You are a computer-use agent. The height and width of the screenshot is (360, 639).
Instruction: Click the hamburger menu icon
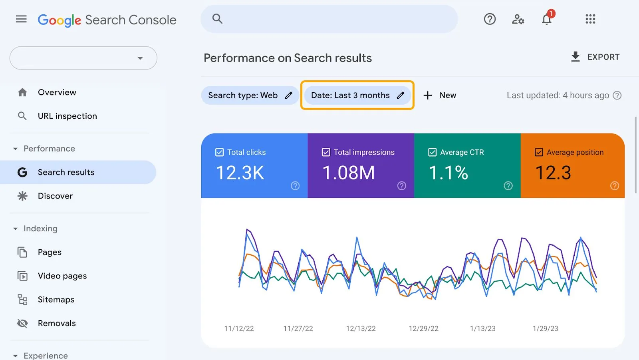click(21, 19)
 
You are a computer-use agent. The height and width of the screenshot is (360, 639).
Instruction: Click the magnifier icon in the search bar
click(217, 19)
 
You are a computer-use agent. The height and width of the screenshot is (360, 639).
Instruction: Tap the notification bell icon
click(546, 19)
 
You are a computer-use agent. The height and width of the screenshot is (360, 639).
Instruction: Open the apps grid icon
click(590, 19)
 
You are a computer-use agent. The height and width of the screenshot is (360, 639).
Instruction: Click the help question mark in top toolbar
click(490, 19)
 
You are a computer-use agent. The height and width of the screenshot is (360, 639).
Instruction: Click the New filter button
click(440, 95)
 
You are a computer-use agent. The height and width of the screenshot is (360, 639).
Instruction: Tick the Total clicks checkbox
click(220, 152)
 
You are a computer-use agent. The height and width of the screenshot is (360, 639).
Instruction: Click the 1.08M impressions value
click(348, 173)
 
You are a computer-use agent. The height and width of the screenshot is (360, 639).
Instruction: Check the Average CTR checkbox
click(432, 152)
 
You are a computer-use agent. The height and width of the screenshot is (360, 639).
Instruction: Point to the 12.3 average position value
click(553, 173)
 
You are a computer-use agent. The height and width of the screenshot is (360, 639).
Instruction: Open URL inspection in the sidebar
click(67, 116)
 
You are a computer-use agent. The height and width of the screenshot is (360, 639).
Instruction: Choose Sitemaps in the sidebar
click(56, 299)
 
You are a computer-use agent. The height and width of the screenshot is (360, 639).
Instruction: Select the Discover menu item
click(55, 196)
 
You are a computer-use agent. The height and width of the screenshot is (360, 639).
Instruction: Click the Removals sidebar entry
click(57, 323)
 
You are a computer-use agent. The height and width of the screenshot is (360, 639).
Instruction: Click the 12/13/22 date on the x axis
click(361, 328)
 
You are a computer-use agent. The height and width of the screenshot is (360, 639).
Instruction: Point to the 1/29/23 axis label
click(545, 328)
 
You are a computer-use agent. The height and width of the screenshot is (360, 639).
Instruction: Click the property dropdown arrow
click(140, 58)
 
